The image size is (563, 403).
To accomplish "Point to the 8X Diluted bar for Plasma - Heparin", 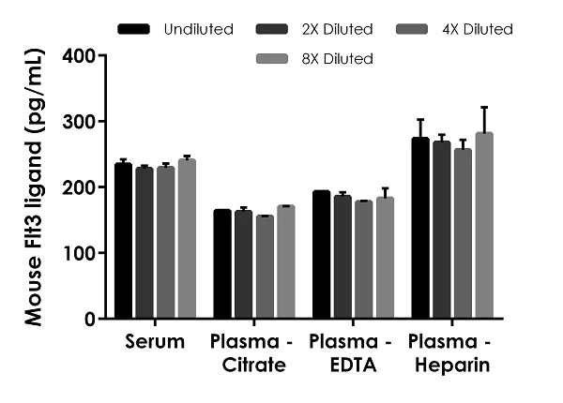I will tap(484, 226).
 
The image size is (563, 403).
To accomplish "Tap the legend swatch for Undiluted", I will tap(135, 29).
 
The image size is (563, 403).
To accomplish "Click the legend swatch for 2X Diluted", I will tap(272, 29).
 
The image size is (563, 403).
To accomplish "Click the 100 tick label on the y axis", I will tap(82, 253).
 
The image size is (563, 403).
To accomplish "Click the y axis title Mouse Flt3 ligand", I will tap(36, 187).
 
